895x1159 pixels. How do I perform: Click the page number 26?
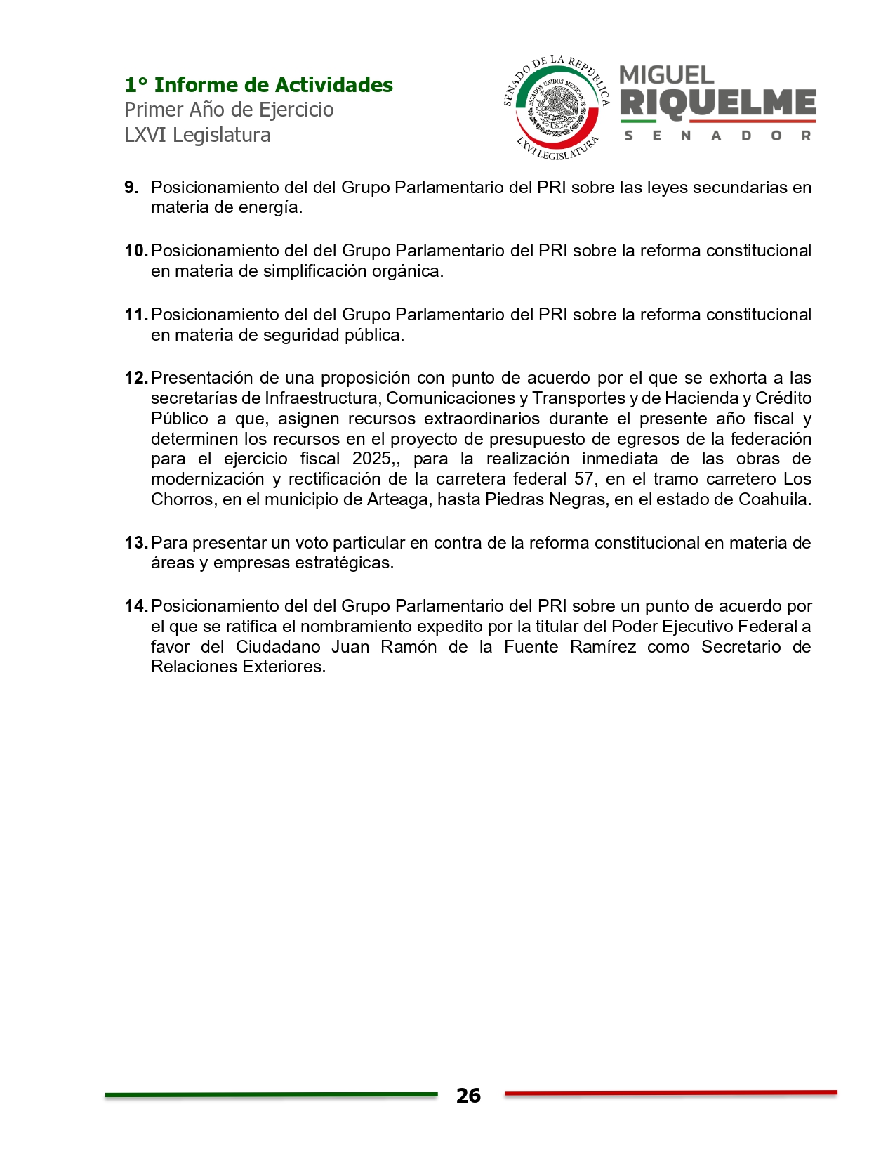[x=468, y=1096]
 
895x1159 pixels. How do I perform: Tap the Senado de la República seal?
[x=557, y=107]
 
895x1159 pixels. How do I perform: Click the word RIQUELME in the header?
[x=717, y=104]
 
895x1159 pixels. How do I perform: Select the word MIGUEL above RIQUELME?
[x=666, y=74]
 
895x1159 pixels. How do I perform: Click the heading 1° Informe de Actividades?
[x=258, y=85]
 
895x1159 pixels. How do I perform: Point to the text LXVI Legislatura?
[x=197, y=135]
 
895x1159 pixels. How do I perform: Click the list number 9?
[x=131, y=188]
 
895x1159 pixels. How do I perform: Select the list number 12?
[x=135, y=378]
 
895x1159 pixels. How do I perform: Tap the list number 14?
[x=135, y=606]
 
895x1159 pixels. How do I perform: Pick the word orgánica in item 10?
[x=411, y=271]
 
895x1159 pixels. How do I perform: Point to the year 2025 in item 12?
[x=371, y=459]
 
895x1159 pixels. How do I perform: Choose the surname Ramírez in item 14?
[x=602, y=647]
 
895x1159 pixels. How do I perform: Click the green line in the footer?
[x=271, y=1094]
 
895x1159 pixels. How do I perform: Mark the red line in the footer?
[x=670, y=1093]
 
